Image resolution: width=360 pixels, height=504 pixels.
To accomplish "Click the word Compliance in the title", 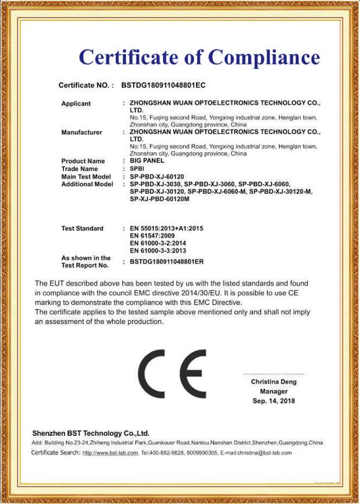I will [x=265, y=57].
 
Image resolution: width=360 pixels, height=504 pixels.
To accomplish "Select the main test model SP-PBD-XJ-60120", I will [x=157, y=176].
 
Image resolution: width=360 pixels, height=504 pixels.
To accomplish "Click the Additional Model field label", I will [x=87, y=184].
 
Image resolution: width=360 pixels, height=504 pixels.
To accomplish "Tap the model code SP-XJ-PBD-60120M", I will [x=160, y=200].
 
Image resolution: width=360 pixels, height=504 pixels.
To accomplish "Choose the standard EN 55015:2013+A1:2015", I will [x=167, y=228].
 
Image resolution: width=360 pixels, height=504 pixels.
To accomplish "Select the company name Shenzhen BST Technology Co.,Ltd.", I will [x=91, y=434].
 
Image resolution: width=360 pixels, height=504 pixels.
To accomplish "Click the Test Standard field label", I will [x=83, y=228].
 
